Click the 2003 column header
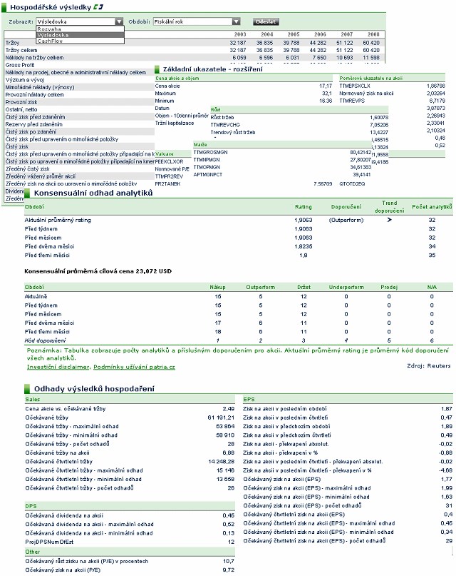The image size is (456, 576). (240, 34)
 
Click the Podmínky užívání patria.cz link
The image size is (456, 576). (135, 366)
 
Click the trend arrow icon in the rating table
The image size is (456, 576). (389, 220)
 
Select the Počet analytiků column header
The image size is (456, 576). (431, 207)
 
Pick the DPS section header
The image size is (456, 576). (31, 506)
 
